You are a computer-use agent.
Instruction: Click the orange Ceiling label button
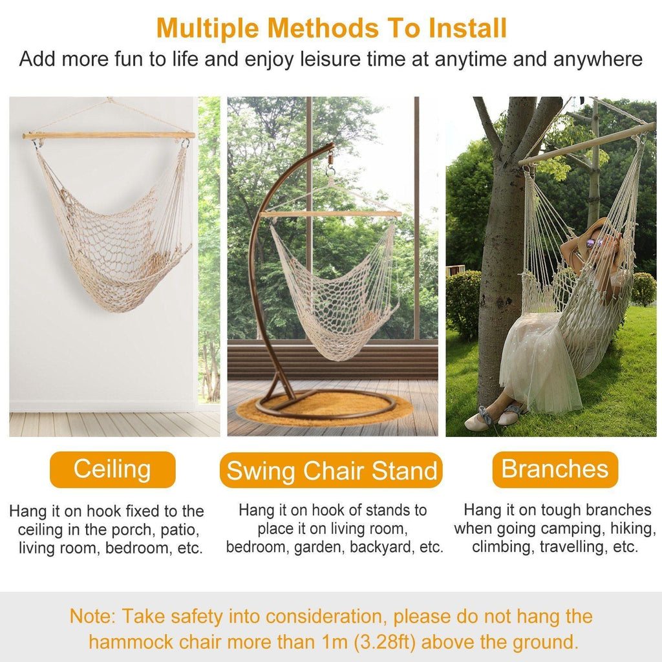coord(112,469)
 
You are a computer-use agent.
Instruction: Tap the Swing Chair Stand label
coord(331,471)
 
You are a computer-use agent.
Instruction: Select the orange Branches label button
coord(555,469)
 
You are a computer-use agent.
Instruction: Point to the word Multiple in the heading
coord(205,28)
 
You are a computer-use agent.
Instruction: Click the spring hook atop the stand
coord(330,158)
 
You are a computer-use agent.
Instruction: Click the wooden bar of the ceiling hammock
coord(109,136)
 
